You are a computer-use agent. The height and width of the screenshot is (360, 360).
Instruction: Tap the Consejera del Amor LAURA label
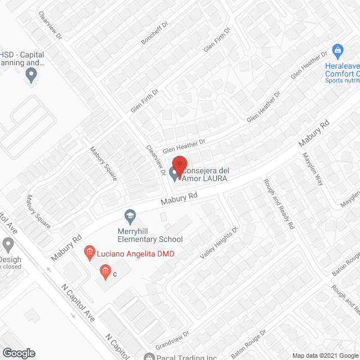click(205, 174)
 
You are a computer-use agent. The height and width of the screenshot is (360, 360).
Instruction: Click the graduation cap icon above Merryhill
click(130, 215)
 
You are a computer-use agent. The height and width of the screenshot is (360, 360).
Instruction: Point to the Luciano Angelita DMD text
click(135, 254)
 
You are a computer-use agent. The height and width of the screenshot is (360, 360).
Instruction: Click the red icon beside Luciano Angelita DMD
click(88, 253)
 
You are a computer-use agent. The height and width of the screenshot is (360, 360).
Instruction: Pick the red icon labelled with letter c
click(105, 273)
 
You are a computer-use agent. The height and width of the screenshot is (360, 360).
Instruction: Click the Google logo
click(18, 353)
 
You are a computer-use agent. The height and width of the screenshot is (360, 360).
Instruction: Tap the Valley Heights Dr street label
click(220, 243)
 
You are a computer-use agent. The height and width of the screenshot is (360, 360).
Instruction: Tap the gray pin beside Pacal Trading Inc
click(149, 357)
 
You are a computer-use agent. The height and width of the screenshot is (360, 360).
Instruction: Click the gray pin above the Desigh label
click(8, 245)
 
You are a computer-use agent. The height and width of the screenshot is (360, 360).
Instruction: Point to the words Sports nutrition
click(342, 80)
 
